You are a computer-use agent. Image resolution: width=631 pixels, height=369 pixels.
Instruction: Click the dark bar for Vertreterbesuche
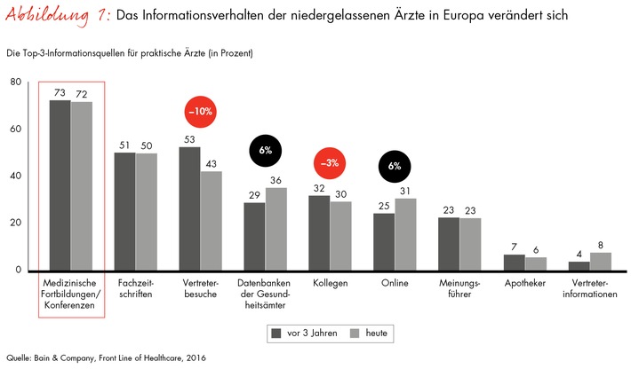click(x=189, y=208)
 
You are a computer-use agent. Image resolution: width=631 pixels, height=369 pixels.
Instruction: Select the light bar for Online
click(x=406, y=234)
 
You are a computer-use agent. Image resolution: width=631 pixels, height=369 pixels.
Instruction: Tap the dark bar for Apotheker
click(x=514, y=263)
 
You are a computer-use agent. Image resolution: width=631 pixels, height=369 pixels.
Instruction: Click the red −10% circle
click(x=200, y=113)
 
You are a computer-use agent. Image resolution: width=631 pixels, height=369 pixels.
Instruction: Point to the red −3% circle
click(x=330, y=164)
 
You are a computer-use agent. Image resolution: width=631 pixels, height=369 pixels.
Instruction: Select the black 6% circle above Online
click(x=395, y=165)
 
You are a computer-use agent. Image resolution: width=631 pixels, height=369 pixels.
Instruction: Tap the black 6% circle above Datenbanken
click(x=265, y=150)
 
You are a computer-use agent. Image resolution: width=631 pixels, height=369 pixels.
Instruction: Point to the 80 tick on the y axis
click(x=15, y=82)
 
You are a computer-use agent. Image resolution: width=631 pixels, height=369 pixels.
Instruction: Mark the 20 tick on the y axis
click(x=15, y=223)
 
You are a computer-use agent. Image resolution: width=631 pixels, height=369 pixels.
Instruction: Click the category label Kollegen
click(x=330, y=284)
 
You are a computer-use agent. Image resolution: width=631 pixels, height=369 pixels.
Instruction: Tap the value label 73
click(x=60, y=92)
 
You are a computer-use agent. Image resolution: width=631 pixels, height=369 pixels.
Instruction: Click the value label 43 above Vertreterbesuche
click(x=212, y=164)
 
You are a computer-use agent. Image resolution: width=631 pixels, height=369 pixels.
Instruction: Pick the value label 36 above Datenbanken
click(x=276, y=180)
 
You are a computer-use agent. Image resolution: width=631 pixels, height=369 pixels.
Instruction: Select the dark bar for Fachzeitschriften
click(x=124, y=212)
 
